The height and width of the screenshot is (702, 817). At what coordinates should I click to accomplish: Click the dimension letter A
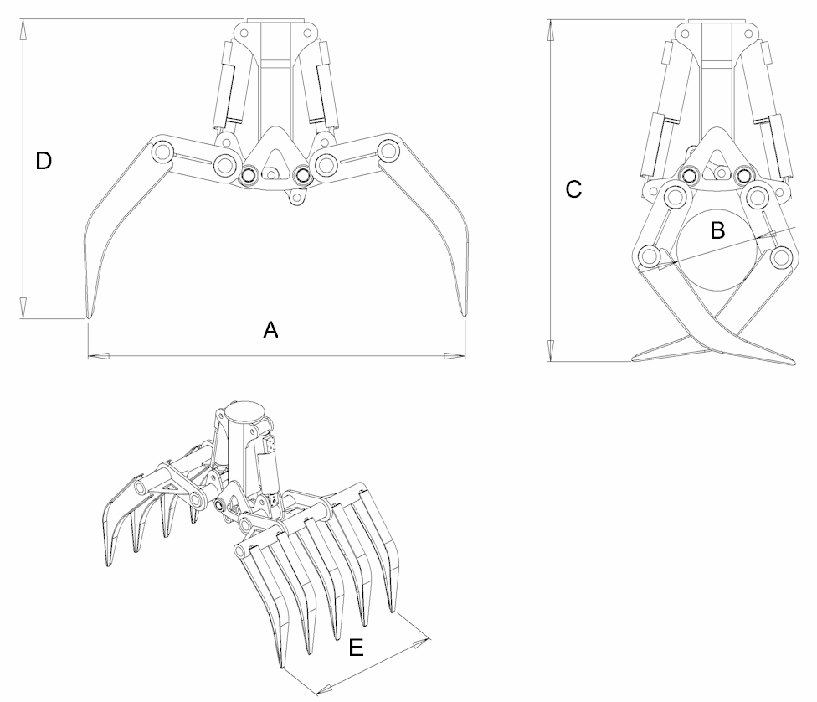[270, 330]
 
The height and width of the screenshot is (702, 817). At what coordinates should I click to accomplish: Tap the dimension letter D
[44, 161]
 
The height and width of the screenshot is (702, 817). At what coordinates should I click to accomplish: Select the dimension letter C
[573, 189]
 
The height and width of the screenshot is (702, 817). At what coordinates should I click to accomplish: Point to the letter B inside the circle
[717, 230]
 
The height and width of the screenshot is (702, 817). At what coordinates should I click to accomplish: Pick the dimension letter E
[356, 648]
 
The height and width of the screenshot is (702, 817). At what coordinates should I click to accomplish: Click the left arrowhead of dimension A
[99, 356]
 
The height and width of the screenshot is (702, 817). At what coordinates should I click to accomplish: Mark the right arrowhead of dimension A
[455, 356]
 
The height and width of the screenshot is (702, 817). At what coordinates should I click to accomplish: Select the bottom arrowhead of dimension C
[551, 350]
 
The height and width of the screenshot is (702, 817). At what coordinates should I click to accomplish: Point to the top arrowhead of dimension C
[551, 30]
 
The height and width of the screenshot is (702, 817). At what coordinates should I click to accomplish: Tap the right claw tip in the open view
[464, 313]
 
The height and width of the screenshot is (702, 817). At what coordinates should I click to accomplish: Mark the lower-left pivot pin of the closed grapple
[650, 257]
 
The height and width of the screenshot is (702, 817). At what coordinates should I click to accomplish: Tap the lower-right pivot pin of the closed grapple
[780, 257]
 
